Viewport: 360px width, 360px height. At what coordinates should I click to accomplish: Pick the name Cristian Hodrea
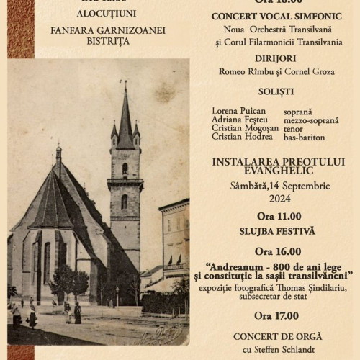point(242,137)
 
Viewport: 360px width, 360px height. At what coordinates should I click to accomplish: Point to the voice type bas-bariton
point(304,137)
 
